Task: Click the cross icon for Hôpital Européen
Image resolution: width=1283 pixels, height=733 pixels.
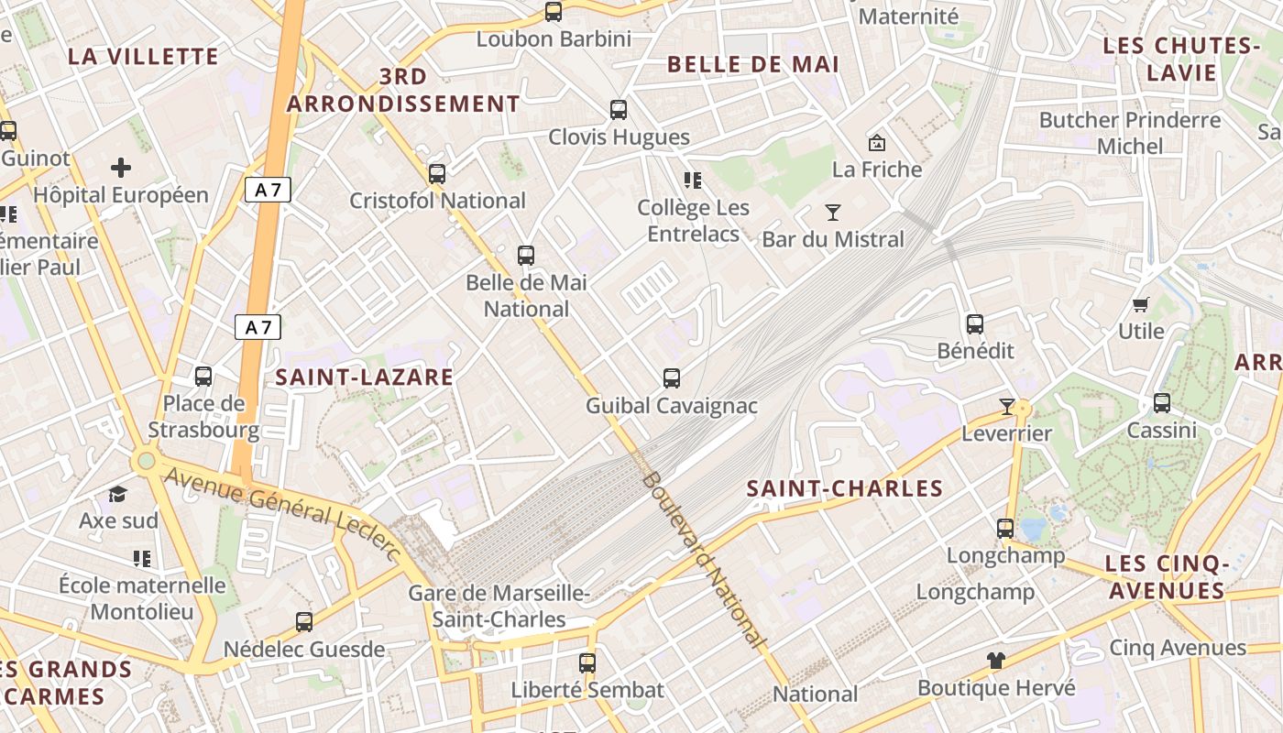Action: point(120,168)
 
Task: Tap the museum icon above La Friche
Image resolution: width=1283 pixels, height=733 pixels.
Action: point(877,143)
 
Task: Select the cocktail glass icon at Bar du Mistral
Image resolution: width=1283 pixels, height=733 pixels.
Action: point(832,213)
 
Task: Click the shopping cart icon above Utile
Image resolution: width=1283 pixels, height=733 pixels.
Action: point(1141,305)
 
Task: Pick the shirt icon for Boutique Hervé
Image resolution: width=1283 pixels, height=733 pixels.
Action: point(996,661)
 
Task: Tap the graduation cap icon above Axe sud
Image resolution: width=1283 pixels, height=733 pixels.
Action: point(117,495)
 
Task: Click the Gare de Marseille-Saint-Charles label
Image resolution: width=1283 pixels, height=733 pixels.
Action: point(499,607)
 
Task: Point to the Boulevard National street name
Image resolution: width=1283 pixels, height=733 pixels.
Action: point(702,560)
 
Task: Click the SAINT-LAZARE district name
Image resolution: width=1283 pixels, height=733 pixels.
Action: point(365,377)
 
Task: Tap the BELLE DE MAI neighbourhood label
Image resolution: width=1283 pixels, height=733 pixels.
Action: point(753,64)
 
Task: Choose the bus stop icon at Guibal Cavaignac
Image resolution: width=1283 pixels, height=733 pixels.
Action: point(672,378)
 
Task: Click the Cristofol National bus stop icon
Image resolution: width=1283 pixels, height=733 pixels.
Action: point(437,174)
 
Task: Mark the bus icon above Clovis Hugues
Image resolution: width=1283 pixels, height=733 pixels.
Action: point(619,111)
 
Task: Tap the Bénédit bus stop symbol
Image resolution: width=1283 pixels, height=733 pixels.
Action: point(975,324)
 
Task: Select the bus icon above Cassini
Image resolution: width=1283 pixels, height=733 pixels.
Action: point(1162,403)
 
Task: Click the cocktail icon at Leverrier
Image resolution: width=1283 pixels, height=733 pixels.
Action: point(1006,406)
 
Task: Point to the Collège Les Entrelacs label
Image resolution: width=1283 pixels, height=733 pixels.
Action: point(694,221)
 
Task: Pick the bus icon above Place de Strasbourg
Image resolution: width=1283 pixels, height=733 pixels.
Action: point(203,377)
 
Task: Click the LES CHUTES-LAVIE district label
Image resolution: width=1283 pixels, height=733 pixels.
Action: point(1168,60)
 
